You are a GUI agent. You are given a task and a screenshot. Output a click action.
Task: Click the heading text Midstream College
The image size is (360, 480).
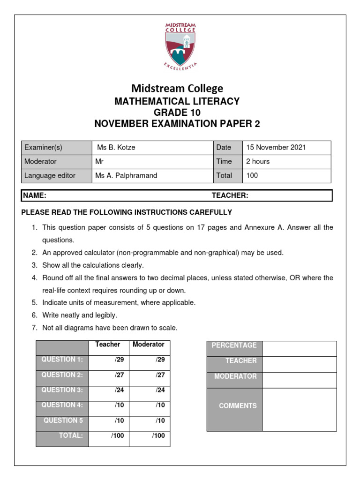point(177,88)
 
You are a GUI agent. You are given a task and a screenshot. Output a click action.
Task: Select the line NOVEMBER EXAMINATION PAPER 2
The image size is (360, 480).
point(177,124)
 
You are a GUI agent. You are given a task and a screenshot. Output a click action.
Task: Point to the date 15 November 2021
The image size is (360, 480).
point(276,147)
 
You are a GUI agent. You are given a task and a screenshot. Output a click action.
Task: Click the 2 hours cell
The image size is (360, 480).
point(258,161)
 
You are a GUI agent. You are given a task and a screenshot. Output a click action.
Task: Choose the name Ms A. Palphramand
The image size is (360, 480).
point(127,175)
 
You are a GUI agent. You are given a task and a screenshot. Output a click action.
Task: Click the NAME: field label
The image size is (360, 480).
point(35,195)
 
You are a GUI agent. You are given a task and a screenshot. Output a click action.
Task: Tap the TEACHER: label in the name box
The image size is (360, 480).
point(230,195)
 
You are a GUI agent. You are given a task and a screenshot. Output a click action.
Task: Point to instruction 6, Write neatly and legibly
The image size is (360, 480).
point(80,315)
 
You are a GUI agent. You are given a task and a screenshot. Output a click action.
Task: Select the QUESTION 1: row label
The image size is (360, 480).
point(62,360)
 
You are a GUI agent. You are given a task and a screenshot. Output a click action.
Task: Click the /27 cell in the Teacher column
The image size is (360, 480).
point(119,375)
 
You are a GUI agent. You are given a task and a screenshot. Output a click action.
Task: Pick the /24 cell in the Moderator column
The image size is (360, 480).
point(160,390)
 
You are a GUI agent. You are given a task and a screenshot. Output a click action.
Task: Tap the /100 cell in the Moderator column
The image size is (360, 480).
point(158,436)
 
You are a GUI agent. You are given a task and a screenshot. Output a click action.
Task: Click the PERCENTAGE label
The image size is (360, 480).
point(234,345)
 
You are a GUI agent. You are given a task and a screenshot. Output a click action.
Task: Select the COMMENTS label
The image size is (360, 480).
point(238,405)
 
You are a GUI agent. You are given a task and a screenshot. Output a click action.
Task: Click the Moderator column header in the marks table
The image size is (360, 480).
point(149,345)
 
